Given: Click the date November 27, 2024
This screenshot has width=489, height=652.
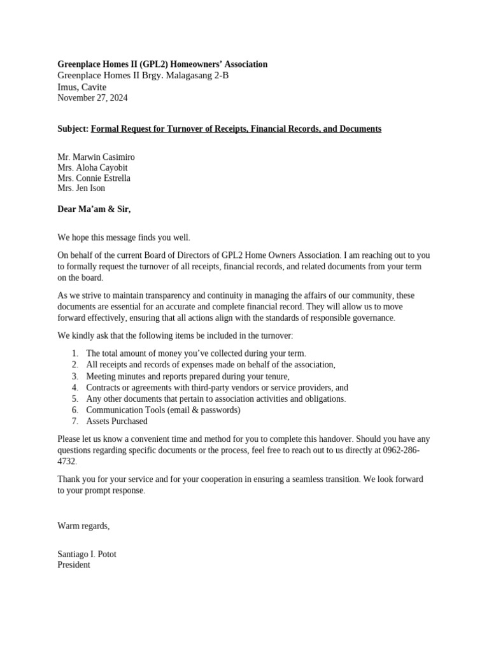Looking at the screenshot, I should pyautogui.click(x=92, y=98).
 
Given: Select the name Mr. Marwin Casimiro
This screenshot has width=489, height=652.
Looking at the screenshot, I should pyautogui.click(x=96, y=157).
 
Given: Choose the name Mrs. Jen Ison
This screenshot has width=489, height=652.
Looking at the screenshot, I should pyautogui.click(x=81, y=188).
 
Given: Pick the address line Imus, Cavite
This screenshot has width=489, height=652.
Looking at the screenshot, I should pyautogui.click(x=82, y=87).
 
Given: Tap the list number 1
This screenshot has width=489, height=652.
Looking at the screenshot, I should pyautogui.click(x=74, y=353).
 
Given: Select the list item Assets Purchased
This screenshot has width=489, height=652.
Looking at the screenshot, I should pyautogui.click(x=117, y=422).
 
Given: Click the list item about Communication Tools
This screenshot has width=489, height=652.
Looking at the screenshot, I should pyautogui.click(x=163, y=410).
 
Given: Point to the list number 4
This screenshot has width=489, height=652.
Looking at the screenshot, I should pyautogui.click(x=74, y=388).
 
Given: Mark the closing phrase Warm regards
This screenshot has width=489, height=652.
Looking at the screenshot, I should pyautogui.click(x=83, y=526).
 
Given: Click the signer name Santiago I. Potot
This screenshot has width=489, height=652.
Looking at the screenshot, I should pyautogui.click(x=87, y=555).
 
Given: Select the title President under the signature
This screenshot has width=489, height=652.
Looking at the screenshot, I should pyautogui.click(x=74, y=565).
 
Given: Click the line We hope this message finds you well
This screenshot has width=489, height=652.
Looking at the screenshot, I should pyautogui.click(x=124, y=237).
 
